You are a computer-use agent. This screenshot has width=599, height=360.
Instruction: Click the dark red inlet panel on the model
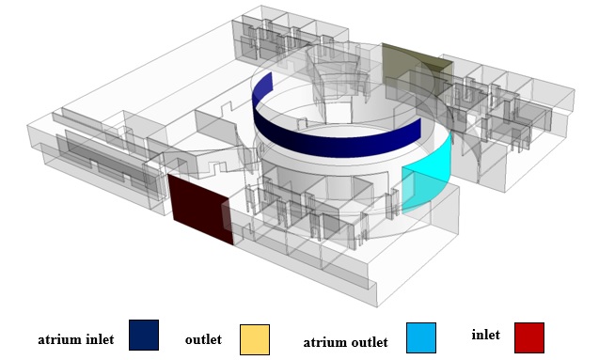coord(200,209)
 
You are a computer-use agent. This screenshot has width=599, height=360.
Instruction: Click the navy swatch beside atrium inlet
coord(143,335)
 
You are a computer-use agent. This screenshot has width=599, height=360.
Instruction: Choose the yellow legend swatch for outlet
coord(254,338)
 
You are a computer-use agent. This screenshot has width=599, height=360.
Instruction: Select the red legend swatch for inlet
coord(529,337)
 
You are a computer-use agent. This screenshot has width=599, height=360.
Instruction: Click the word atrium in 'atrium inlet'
coord(57,339)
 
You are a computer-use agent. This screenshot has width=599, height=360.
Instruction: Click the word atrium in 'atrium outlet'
coord(325,343)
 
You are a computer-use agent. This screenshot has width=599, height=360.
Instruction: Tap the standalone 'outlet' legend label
coord(203,338)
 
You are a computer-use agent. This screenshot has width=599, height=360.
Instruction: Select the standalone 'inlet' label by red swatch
coord(485,334)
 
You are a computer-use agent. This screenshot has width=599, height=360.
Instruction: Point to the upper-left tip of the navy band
coord(271,74)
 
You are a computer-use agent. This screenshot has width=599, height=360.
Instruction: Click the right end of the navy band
coord(418,132)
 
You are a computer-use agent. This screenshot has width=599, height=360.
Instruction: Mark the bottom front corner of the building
coord(377,305)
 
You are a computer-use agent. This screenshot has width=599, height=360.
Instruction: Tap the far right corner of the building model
coord(574,94)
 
